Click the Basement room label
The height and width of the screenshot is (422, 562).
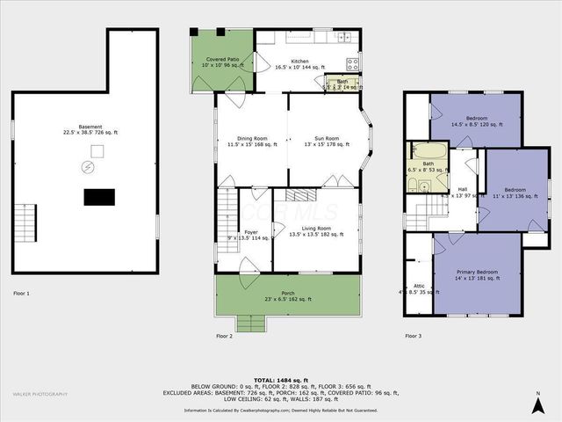click(x=88, y=129)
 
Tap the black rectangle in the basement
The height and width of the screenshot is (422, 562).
click(x=97, y=197)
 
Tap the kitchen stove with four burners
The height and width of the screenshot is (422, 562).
click(x=353, y=63)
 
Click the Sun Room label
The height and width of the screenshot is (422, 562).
click(x=325, y=141)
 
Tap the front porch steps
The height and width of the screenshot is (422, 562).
click(x=249, y=324)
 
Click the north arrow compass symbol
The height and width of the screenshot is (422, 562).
click(x=537, y=404)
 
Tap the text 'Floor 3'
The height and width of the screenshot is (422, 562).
click(x=413, y=336)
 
